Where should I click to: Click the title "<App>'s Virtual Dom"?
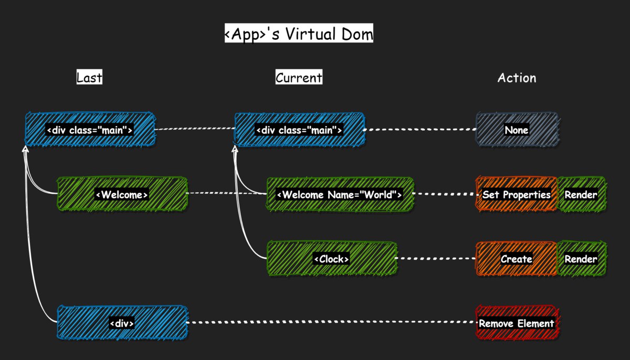click(x=299, y=33)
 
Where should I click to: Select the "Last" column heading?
click(x=89, y=77)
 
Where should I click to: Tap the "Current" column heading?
click(x=299, y=77)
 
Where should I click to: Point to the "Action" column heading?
click(x=517, y=78)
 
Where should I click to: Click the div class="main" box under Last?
click(x=90, y=130)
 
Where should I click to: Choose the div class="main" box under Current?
click(x=300, y=130)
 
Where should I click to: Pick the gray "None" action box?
click(x=517, y=130)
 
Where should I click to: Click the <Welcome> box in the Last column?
click(x=122, y=194)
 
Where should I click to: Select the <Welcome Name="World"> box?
click(x=340, y=194)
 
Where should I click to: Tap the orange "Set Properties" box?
click(x=516, y=194)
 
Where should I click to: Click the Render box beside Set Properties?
click(x=581, y=194)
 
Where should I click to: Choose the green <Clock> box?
click(x=332, y=258)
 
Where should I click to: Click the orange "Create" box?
click(x=516, y=258)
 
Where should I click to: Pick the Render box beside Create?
click(x=581, y=258)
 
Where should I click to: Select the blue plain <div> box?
click(x=122, y=323)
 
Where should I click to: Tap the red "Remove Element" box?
click(x=517, y=323)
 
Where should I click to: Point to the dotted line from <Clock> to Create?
click(x=436, y=258)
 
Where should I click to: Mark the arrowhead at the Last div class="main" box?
click(x=25, y=149)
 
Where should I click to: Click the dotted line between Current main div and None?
click(x=420, y=130)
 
